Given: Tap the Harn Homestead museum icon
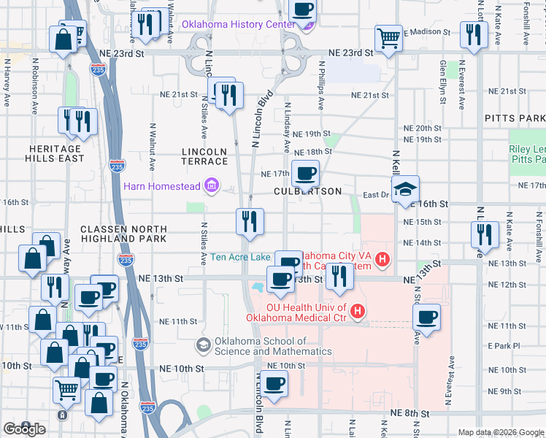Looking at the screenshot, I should tap(212, 186).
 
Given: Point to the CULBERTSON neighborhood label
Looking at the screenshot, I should tap(307, 191).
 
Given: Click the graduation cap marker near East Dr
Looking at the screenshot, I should tap(405, 191).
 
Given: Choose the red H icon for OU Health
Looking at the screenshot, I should tap(358, 312).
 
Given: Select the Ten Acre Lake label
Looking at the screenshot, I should tap(240, 257).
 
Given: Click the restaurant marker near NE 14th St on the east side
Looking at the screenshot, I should tap(484, 235).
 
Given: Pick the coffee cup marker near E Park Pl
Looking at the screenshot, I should tap(426, 318).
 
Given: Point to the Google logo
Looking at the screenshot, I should tap(24, 429).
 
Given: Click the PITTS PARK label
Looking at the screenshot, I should tap(514, 118).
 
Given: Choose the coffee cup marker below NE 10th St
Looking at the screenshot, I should tap(274, 384).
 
